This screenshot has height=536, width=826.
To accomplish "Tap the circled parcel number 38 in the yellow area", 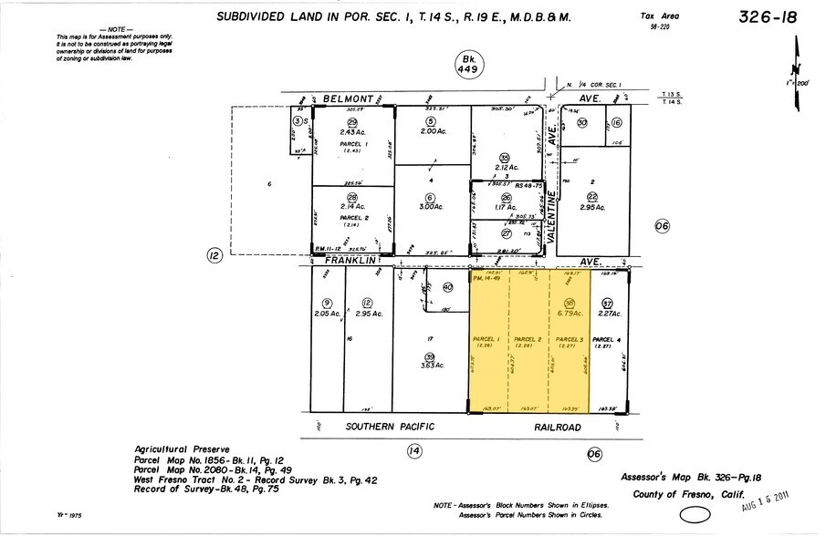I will tap(569, 304).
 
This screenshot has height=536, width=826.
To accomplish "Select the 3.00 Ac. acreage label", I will tap(430, 208).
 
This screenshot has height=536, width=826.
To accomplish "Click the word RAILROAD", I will tap(558, 426).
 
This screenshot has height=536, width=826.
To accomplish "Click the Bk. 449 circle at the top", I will tap(467, 64).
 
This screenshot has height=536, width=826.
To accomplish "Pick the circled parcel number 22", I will tap(592, 197).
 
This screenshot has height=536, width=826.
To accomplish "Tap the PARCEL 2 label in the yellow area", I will tap(527, 338).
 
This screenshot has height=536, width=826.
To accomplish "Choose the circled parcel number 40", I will tap(447, 287).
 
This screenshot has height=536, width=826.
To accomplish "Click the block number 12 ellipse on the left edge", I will tap(214, 256).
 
